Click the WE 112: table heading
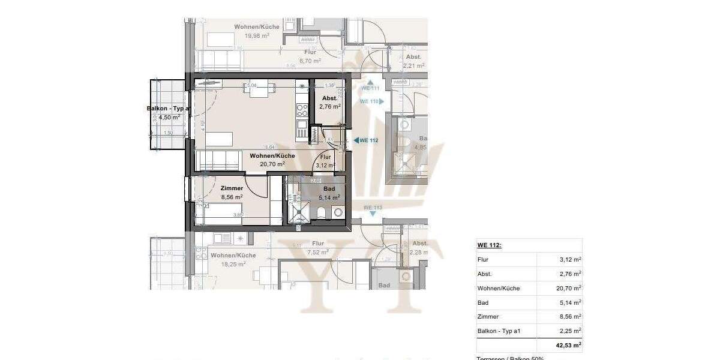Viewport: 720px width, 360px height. (490, 245)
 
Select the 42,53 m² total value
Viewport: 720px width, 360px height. (568, 345)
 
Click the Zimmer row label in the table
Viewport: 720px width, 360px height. (488, 317)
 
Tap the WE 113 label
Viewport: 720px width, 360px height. (373, 208)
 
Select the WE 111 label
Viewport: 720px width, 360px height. (370, 88)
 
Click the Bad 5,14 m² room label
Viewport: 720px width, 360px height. (329, 193)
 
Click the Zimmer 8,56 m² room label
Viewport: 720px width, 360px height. (231, 192)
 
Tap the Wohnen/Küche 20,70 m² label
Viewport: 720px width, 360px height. (272, 159)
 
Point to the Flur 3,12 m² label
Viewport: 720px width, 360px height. (325, 161)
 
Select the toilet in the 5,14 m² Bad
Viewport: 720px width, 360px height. (322, 212)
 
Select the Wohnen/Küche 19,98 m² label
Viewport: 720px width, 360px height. (252, 31)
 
